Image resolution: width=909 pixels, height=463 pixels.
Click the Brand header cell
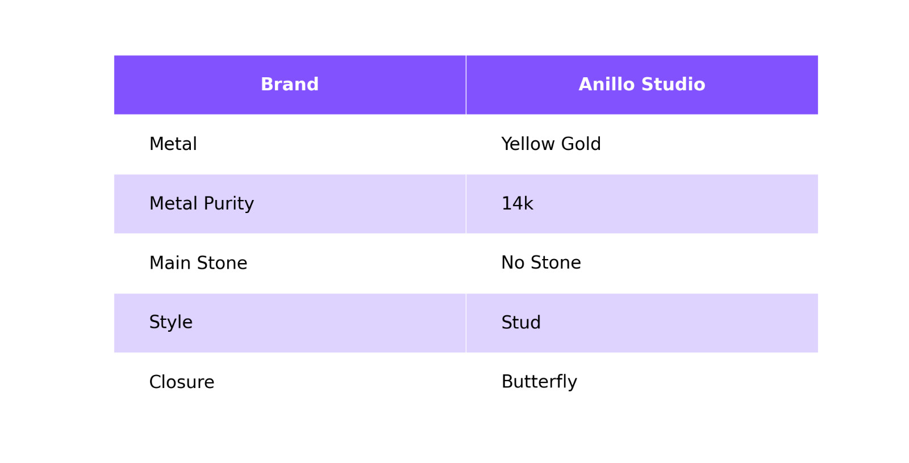[290, 85]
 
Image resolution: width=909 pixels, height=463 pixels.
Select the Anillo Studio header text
[642, 85]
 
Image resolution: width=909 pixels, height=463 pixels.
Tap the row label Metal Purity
[201, 204]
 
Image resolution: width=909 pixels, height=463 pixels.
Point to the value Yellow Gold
[551, 144]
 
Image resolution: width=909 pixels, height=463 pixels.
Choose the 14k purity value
[518, 204]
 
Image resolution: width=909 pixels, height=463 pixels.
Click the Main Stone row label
[198, 263]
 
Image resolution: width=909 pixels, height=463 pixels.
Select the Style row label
[171, 323]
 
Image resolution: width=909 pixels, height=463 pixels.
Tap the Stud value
[521, 323]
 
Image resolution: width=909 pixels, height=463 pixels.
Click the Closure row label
[182, 382]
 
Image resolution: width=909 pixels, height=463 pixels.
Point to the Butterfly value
[539, 382]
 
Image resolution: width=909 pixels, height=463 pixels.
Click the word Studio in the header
[673, 85]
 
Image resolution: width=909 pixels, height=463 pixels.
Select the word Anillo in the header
[607, 85]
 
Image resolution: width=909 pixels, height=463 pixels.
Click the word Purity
[229, 204]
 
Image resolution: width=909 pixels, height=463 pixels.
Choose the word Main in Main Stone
[170, 263]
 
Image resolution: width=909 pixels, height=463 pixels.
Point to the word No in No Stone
[513, 262]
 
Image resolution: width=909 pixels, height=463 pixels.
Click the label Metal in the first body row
[173, 144]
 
